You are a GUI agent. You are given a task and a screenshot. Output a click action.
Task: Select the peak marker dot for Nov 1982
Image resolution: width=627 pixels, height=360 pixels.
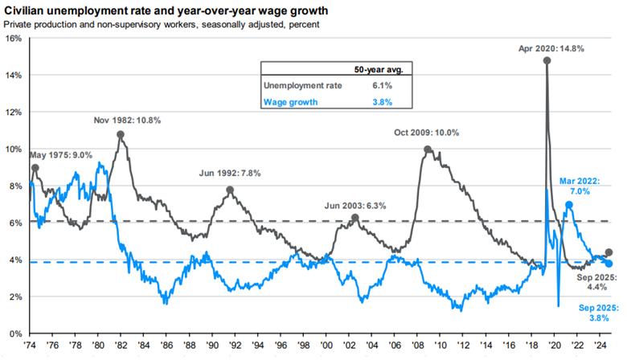tap(121, 135)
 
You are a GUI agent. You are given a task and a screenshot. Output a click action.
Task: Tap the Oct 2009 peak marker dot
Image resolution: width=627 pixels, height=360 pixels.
tap(428, 149)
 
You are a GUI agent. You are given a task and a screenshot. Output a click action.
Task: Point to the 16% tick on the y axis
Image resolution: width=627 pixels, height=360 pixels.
tap(14, 38)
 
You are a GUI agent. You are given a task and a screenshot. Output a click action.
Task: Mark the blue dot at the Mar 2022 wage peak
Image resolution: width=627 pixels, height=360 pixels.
tap(569, 204)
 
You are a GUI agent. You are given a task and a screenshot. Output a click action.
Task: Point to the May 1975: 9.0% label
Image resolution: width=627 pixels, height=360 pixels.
tap(61, 155)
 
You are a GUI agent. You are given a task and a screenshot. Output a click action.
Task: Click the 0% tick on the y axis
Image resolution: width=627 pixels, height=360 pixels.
tap(15, 333)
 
